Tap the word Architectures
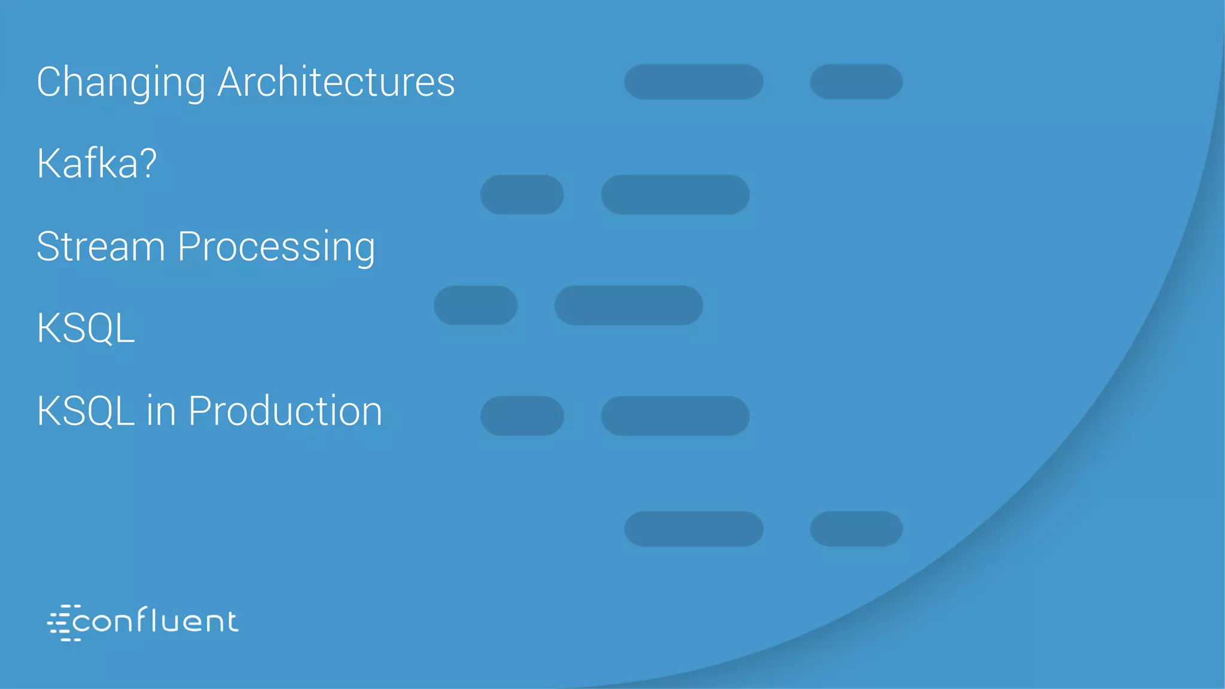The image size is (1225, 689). pos(336,82)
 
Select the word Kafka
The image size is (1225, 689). pos(88,163)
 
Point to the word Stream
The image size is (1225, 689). pos(100,246)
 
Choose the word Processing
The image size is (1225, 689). pos(276,246)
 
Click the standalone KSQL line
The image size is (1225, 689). pos(86,328)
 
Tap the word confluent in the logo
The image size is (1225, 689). pos(156,621)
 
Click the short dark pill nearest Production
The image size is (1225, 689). pos(522,416)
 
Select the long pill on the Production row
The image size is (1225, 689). pos(675,416)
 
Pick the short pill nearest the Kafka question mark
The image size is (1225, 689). pos(522,194)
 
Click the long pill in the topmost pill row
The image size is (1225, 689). pos(694,81)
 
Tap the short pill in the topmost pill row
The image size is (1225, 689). pos(856,81)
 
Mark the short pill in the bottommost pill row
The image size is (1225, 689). pos(856,529)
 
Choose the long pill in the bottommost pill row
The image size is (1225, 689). pos(694,529)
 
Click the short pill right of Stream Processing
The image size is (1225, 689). pos(476,305)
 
